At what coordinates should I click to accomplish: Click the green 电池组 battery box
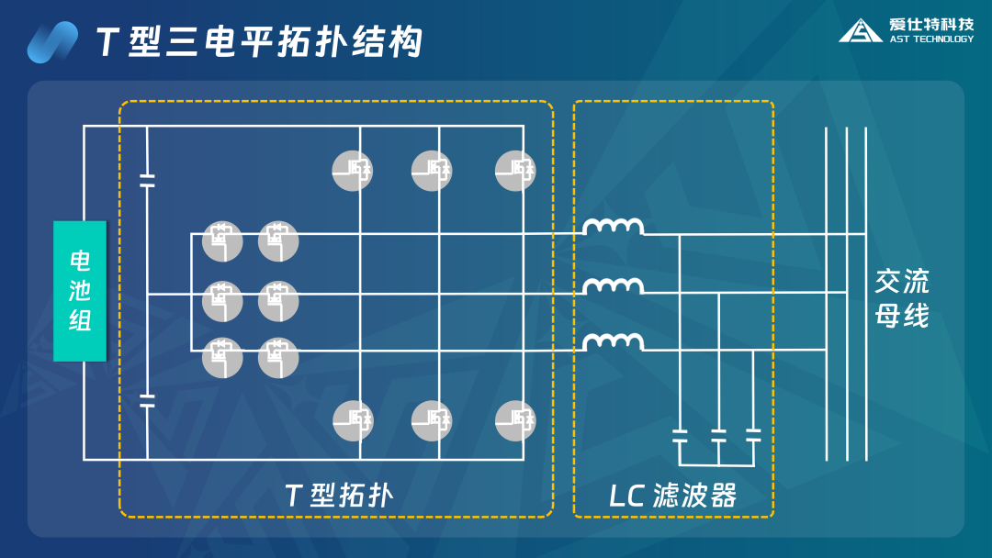coord(80,290)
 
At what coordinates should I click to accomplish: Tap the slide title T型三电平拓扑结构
coord(260,42)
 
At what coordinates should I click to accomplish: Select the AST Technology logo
coord(906,30)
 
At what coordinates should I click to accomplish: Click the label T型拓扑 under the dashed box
coord(339,496)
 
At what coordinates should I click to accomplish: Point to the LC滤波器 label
coord(673,496)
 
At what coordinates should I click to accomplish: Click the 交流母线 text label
coord(901,297)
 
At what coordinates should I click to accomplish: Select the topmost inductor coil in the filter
coord(614,227)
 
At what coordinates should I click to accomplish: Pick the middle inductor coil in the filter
coord(614,286)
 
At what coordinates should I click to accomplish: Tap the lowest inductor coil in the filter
coord(614,342)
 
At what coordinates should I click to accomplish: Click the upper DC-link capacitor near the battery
coord(147,179)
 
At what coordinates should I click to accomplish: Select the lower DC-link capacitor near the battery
coord(147,399)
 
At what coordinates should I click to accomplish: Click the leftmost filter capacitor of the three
coord(680,435)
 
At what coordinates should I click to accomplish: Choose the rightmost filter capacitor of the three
coord(753,435)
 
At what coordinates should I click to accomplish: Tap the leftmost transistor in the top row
coord(353,171)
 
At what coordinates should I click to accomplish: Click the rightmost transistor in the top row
coord(515,171)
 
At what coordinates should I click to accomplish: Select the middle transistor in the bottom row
coord(432,420)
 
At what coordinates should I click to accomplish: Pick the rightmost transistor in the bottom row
coord(515,420)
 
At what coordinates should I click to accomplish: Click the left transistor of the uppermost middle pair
coord(222,240)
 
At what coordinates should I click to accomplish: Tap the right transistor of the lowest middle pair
coord(278,358)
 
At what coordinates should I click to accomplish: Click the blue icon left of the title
coord(52,42)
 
